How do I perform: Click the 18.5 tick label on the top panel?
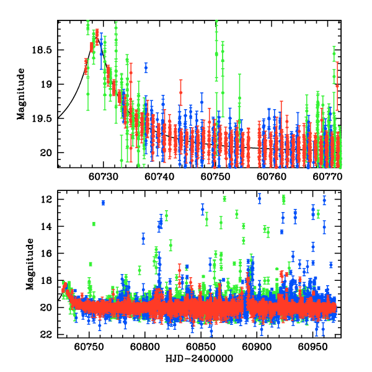coord(45,50)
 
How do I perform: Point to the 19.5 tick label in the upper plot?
coord(45,118)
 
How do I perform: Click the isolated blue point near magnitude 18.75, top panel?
coord(146,67)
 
